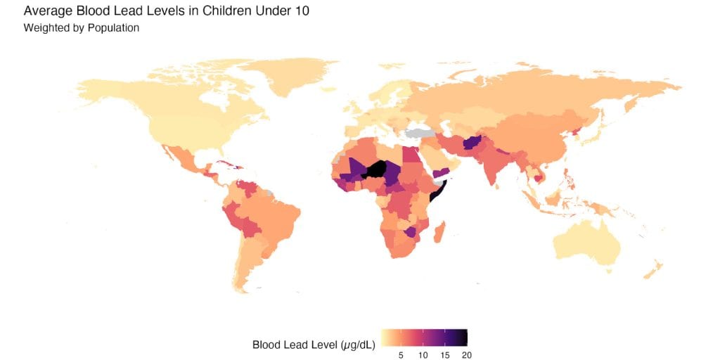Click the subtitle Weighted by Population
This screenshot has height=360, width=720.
coord(81,29)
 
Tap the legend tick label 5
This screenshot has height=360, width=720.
coord(401,355)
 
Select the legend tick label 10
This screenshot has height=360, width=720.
coord(423,355)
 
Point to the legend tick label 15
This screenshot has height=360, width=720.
coord(444,355)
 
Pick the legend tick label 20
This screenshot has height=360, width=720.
coord(466,355)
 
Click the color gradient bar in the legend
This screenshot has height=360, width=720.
coord(424,337)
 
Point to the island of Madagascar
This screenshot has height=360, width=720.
coord(440,232)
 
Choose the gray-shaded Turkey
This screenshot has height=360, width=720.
coord(420,132)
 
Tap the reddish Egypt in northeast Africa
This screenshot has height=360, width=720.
coord(410,153)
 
